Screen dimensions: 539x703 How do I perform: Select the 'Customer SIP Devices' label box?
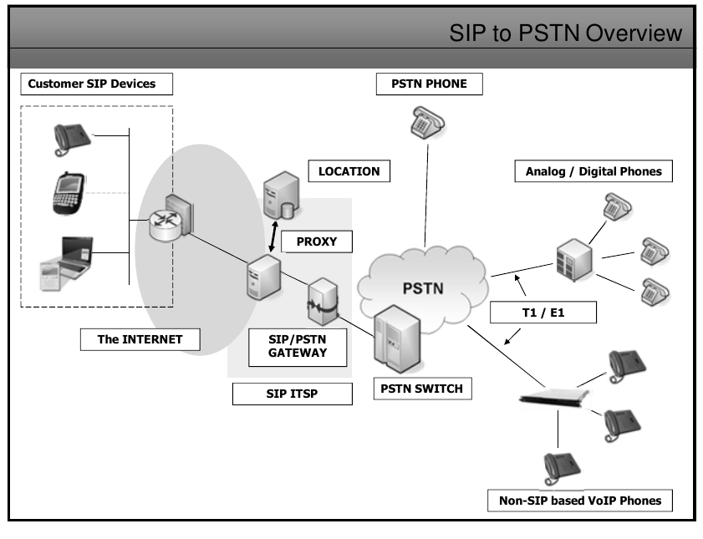point(92,84)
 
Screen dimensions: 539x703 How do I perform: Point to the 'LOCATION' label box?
point(349,171)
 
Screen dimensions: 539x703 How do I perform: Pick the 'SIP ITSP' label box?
point(292,394)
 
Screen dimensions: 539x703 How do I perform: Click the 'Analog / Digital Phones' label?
point(593,171)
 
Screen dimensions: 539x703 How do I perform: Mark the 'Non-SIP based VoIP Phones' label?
point(577,501)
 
